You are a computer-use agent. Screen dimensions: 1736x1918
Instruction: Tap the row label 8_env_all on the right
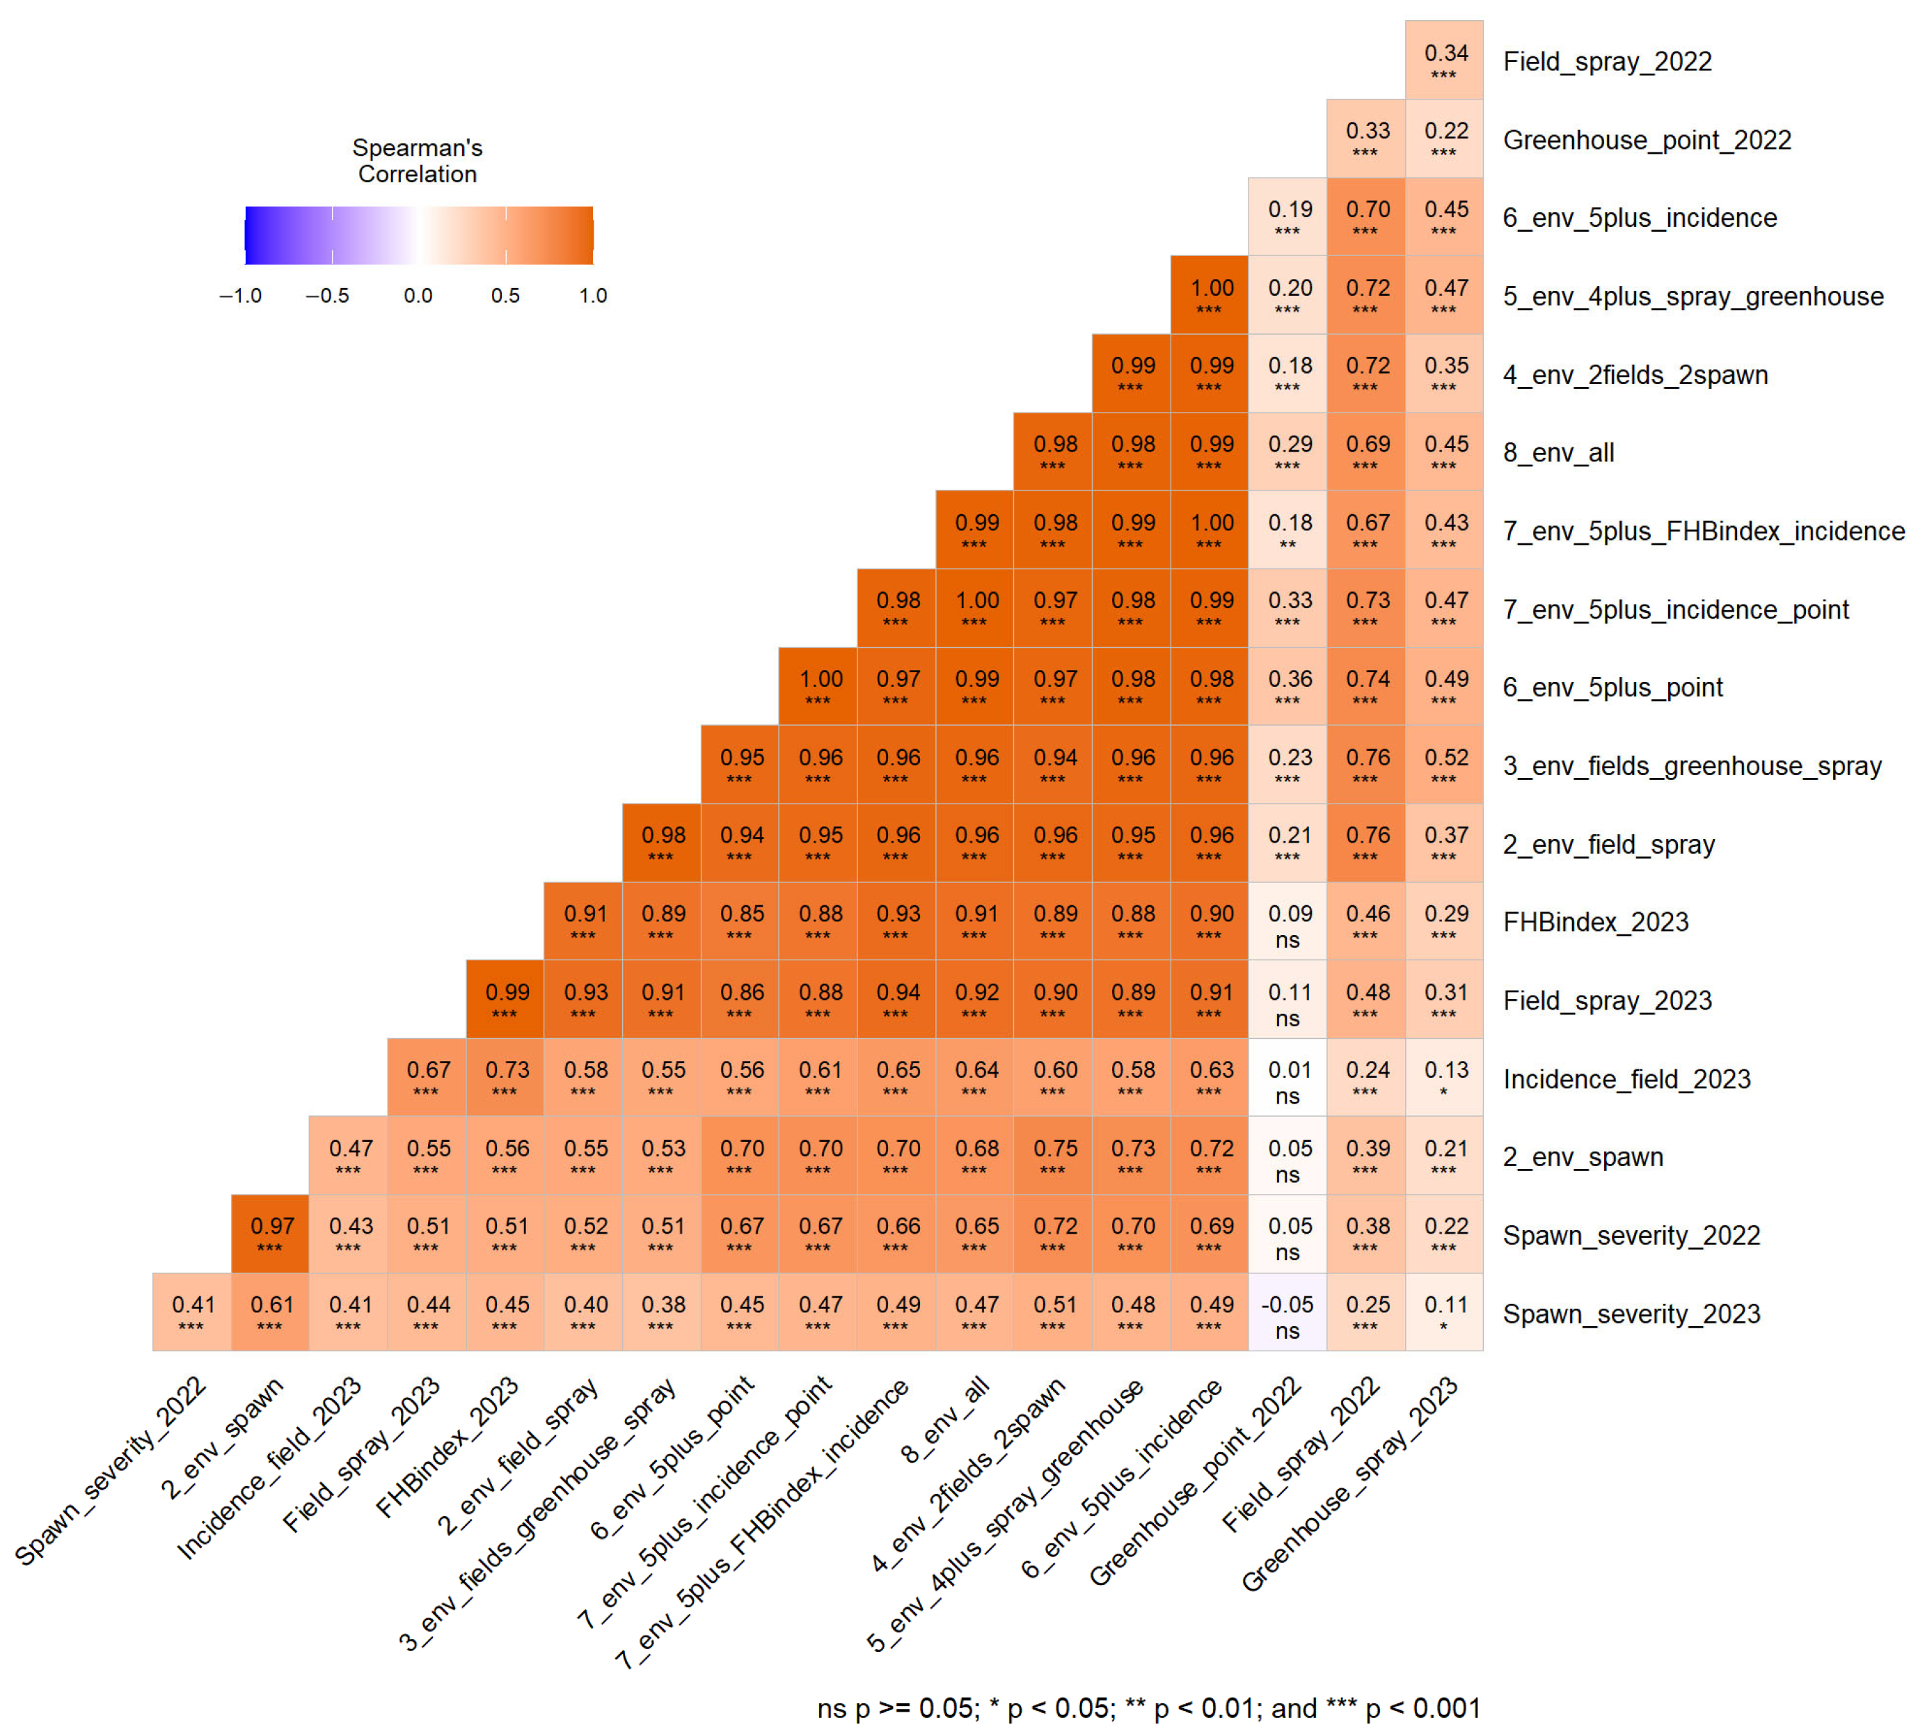[1558, 453]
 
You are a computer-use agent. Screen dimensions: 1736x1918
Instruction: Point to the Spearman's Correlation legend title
[417, 161]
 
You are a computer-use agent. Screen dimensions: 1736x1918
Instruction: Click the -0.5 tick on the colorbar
[327, 296]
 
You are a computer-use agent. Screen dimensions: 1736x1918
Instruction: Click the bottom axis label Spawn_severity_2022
[112, 1470]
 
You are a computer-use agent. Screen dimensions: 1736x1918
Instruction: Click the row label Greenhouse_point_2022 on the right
[1646, 140]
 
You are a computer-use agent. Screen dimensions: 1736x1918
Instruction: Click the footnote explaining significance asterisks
[1148, 1707]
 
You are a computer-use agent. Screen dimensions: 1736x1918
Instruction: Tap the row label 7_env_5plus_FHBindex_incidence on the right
[1703, 531]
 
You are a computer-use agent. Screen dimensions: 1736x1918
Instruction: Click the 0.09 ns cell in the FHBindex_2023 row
[1287, 922]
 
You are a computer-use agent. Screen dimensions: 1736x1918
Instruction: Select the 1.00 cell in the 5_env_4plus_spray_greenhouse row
[1210, 295]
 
